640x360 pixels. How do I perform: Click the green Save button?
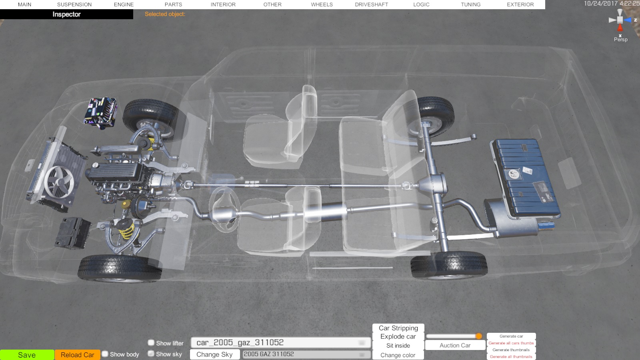pos(27,355)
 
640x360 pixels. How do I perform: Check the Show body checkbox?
pos(105,354)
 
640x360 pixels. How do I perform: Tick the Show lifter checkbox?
pos(151,342)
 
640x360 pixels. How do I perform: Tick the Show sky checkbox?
pos(151,354)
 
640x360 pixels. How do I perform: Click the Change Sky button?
pos(214,354)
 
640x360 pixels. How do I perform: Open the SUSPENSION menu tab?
pos(74,4)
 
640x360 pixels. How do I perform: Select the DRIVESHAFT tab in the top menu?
pos(372,4)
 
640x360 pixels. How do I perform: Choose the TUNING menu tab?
pos(470,4)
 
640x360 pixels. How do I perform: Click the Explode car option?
pos(398,336)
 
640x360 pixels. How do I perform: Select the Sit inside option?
pos(398,346)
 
